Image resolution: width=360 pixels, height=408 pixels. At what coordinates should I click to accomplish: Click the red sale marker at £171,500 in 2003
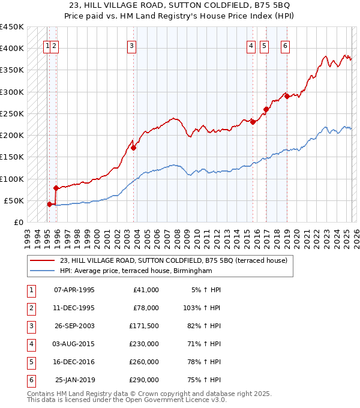(x=133, y=148)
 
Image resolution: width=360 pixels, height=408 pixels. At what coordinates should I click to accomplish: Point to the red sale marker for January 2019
(x=287, y=96)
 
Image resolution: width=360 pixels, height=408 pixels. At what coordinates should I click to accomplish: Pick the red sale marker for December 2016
(x=266, y=109)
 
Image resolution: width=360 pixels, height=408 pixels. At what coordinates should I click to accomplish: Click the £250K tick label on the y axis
(x=12, y=113)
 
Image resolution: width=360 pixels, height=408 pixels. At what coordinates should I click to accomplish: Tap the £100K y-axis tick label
(x=12, y=179)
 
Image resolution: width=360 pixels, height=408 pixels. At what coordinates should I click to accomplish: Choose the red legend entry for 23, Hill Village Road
(x=173, y=260)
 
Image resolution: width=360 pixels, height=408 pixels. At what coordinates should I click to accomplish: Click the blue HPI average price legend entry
(x=136, y=271)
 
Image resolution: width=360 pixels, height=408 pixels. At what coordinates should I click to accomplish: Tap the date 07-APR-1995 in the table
(x=74, y=290)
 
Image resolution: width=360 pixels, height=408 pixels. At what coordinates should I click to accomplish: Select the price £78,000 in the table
(x=146, y=307)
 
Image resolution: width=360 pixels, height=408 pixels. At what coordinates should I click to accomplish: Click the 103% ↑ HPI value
(x=202, y=307)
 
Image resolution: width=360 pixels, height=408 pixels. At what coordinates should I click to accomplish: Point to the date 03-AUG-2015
(x=74, y=344)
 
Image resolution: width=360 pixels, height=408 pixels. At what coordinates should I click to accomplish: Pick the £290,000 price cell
(x=144, y=380)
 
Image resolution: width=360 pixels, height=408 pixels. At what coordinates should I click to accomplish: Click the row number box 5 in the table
(x=30, y=362)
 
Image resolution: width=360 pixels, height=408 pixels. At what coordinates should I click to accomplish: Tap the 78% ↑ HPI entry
(x=205, y=362)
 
